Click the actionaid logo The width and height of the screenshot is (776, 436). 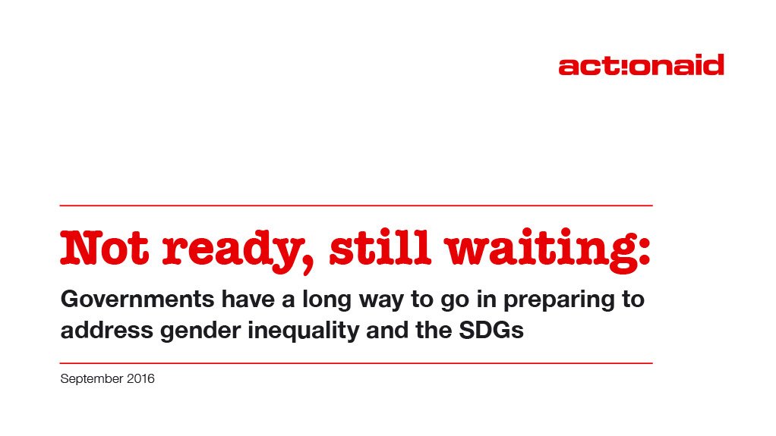click(x=641, y=65)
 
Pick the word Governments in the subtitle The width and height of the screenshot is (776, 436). click(x=126, y=300)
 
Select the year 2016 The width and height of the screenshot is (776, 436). click(x=140, y=378)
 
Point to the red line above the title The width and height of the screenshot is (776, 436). click(x=356, y=205)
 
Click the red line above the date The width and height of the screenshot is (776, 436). click(x=356, y=363)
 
